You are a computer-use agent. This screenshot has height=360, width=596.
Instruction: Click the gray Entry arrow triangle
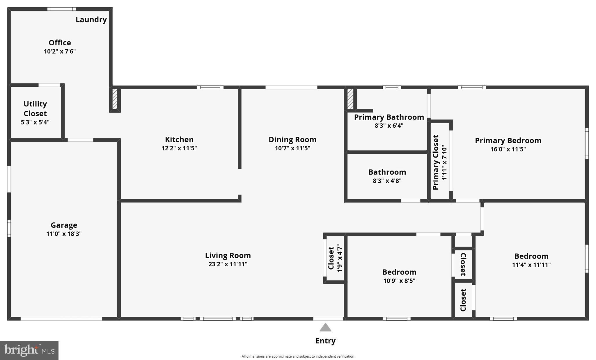pyautogui.click(x=325, y=327)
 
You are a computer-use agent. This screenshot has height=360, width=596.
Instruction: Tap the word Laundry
pyautogui.click(x=91, y=19)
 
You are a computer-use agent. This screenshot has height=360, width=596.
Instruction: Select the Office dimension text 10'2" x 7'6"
pyautogui.click(x=60, y=51)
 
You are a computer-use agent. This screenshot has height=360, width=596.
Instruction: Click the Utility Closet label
pyautogui.click(x=35, y=108)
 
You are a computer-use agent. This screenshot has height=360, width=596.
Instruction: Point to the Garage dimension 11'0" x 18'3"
pyautogui.click(x=64, y=234)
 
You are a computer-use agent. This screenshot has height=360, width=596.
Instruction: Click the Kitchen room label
pyautogui.click(x=179, y=140)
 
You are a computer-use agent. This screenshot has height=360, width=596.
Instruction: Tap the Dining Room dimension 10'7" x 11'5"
pyautogui.click(x=292, y=148)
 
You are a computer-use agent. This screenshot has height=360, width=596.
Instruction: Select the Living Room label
pyautogui.click(x=228, y=255)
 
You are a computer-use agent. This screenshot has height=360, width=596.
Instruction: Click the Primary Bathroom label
pyautogui.click(x=389, y=117)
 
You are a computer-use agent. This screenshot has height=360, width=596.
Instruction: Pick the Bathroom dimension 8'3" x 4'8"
pyautogui.click(x=387, y=181)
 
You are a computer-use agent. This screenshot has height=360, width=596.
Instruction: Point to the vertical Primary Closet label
pyautogui.click(x=436, y=162)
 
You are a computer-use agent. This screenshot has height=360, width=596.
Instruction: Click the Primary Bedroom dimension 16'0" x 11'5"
pyautogui.click(x=508, y=149)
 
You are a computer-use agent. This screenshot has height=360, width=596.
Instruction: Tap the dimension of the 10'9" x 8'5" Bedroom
pyautogui.click(x=399, y=281)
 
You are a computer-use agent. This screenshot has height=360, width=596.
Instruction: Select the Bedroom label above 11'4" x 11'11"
pyautogui.click(x=531, y=256)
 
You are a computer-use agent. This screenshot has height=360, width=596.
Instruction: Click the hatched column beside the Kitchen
pyautogui.click(x=115, y=99)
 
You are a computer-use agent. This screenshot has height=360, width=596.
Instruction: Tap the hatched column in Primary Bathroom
pyautogui.click(x=350, y=99)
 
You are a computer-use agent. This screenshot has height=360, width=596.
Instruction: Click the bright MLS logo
pyautogui.click(x=29, y=350)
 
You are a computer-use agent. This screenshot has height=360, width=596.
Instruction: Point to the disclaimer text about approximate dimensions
pyautogui.click(x=298, y=356)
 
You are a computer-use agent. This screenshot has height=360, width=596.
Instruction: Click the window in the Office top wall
pyautogui.click(x=62, y=9)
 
